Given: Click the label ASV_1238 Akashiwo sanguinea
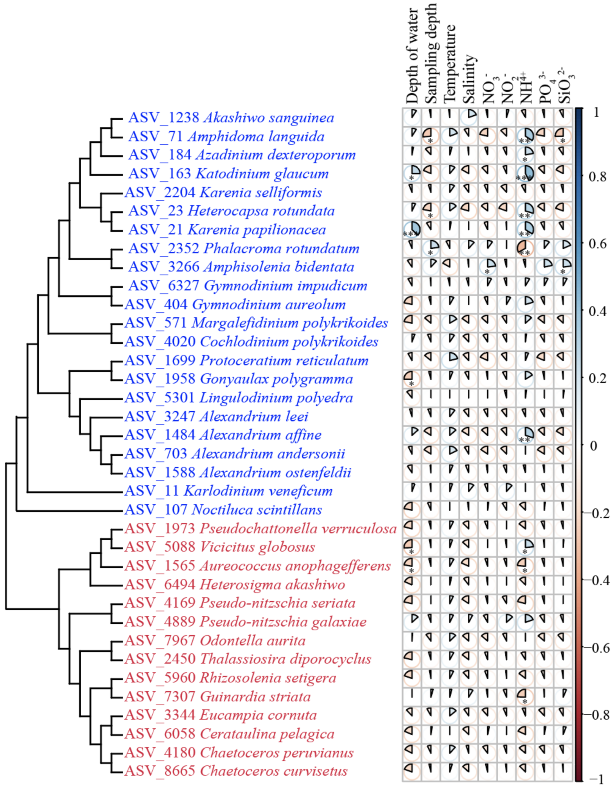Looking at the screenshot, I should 231,118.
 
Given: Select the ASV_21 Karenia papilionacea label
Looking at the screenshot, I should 227,230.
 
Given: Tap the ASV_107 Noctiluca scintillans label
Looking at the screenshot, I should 223,510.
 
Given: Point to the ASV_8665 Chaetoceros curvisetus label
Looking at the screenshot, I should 236,771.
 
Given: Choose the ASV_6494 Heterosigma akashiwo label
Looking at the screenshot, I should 235,584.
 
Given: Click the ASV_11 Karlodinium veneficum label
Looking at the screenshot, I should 229,491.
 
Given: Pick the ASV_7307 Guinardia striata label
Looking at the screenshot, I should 218,697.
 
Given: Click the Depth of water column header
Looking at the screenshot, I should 412,56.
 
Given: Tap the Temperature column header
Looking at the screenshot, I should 450,64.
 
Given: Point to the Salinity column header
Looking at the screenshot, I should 469,79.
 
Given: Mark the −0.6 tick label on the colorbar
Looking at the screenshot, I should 599,648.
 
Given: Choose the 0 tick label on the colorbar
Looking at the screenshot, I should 593,446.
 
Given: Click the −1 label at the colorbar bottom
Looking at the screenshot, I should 596,780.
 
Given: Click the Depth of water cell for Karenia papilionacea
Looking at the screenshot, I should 412,230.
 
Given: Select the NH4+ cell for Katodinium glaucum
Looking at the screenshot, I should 525,174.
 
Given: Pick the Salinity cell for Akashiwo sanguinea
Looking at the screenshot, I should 469,118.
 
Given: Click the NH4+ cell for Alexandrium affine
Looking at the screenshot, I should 525,435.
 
